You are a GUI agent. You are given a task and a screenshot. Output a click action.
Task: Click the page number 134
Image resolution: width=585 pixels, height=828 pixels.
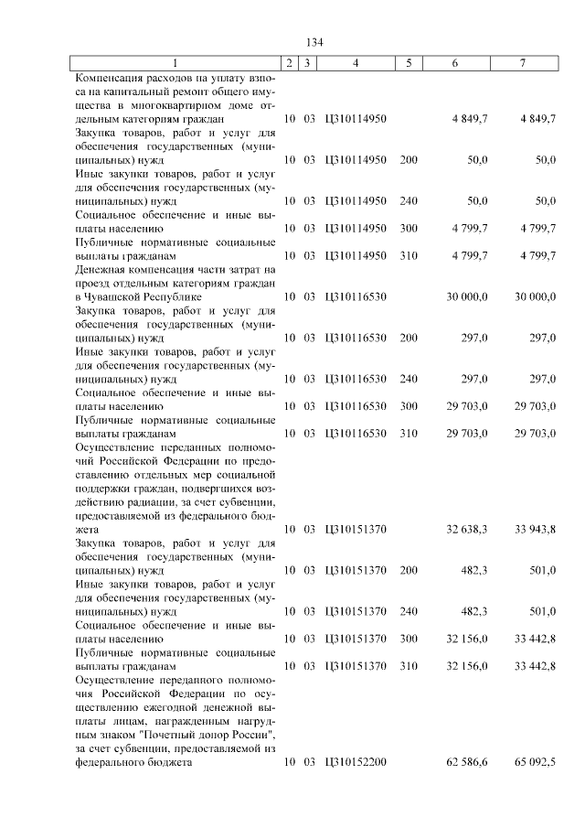(x=314, y=43)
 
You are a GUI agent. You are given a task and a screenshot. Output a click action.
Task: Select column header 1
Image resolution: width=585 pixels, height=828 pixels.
(x=175, y=63)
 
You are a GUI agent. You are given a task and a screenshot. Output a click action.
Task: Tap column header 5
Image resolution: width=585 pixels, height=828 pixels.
(x=409, y=63)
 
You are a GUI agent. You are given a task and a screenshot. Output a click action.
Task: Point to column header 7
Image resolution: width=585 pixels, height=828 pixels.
(x=522, y=63)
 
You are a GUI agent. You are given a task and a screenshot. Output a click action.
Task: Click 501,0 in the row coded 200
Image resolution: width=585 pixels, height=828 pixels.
(x=543, y=570)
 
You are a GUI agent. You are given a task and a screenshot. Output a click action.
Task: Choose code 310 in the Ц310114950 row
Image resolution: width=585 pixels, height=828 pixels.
(x=409, y=255)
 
